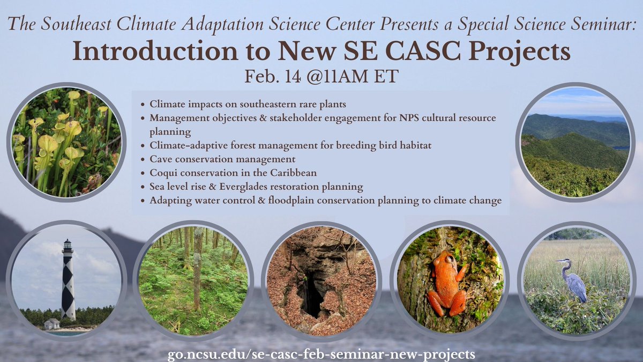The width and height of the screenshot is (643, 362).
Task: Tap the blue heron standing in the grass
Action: point(573,279)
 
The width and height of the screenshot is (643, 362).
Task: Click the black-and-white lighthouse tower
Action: point(68,281)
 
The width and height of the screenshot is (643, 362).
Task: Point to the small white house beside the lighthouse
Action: point(52,324)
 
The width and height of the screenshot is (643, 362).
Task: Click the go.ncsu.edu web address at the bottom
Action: point(321,354)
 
